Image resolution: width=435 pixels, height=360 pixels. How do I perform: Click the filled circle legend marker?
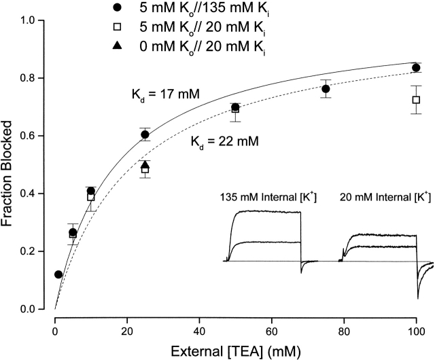118,9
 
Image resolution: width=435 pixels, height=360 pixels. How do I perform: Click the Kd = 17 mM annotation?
160,93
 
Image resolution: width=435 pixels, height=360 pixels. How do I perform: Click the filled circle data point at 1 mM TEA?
58,274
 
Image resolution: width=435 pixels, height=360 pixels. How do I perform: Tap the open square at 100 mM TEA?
416,100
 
